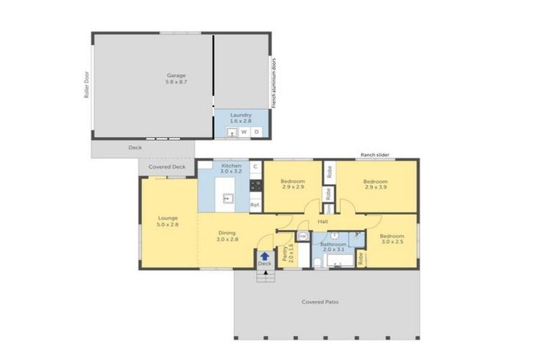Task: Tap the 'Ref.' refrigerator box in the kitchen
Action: tap(255, 205)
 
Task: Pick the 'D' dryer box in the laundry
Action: tap(257, 131)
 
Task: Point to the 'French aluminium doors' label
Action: tap(274, 82)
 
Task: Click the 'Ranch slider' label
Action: tap(374, 155)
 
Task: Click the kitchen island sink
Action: tap(227, 198)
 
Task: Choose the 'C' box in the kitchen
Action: tap(255, 167)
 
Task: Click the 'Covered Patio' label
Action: tap(320, 302)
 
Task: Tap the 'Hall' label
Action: tap(323, 221)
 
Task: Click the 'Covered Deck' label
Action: tap(167, 167)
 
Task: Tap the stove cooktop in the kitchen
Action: tap(255, 186)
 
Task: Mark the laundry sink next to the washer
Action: tap(231, 131)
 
